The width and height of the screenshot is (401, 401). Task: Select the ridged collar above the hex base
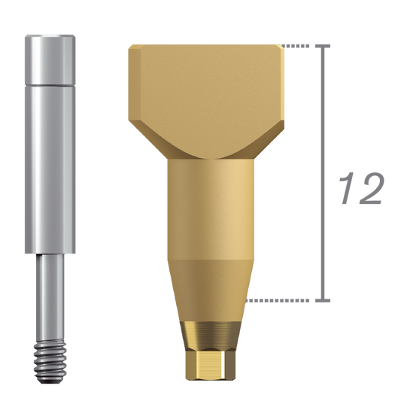pos(205,332)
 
